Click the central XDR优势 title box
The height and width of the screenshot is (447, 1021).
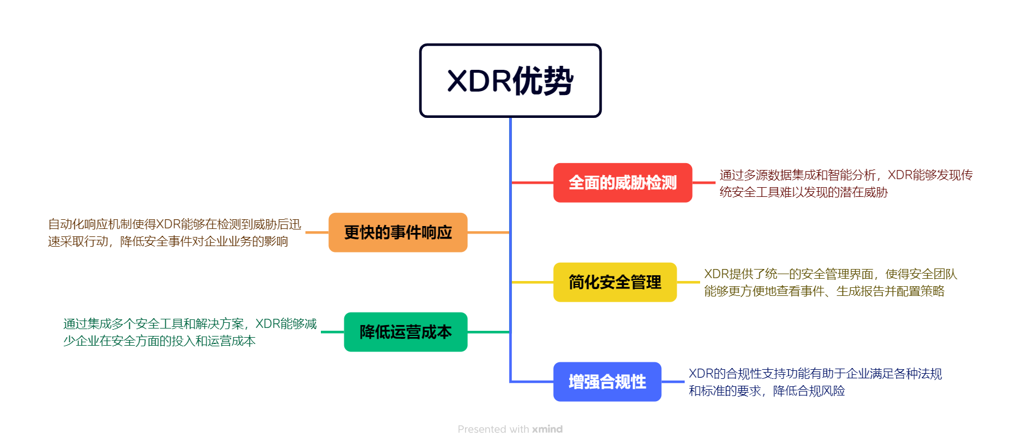coord(510,81)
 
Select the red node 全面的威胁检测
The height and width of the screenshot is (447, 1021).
coord(622,183)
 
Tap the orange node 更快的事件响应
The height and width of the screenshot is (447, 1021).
coord(398,232)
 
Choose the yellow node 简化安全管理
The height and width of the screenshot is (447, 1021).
coord(615,282)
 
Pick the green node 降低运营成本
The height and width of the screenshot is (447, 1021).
coord(406,332)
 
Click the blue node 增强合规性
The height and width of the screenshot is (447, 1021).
coord(607,382)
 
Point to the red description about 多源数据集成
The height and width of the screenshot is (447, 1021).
coord(845,183)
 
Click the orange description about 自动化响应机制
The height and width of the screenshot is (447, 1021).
coord(174,233)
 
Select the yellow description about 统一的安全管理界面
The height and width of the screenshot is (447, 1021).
coord(830,283)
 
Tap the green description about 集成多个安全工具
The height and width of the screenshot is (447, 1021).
coord(189,333)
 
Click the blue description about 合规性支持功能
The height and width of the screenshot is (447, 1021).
coord(815,382)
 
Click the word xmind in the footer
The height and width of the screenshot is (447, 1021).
coord(547,429)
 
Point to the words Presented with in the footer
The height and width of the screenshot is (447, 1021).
coord(493,429)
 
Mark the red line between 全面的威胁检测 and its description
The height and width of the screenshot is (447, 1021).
coord(704,183)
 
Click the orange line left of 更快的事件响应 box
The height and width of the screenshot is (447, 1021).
coord(317,232)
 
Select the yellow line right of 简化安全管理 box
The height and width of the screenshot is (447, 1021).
coord(688,282)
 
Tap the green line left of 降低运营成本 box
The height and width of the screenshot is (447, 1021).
coord(332,332)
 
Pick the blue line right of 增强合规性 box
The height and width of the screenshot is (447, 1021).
coord(673,382)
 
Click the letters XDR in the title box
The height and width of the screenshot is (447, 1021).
coord(478,81)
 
